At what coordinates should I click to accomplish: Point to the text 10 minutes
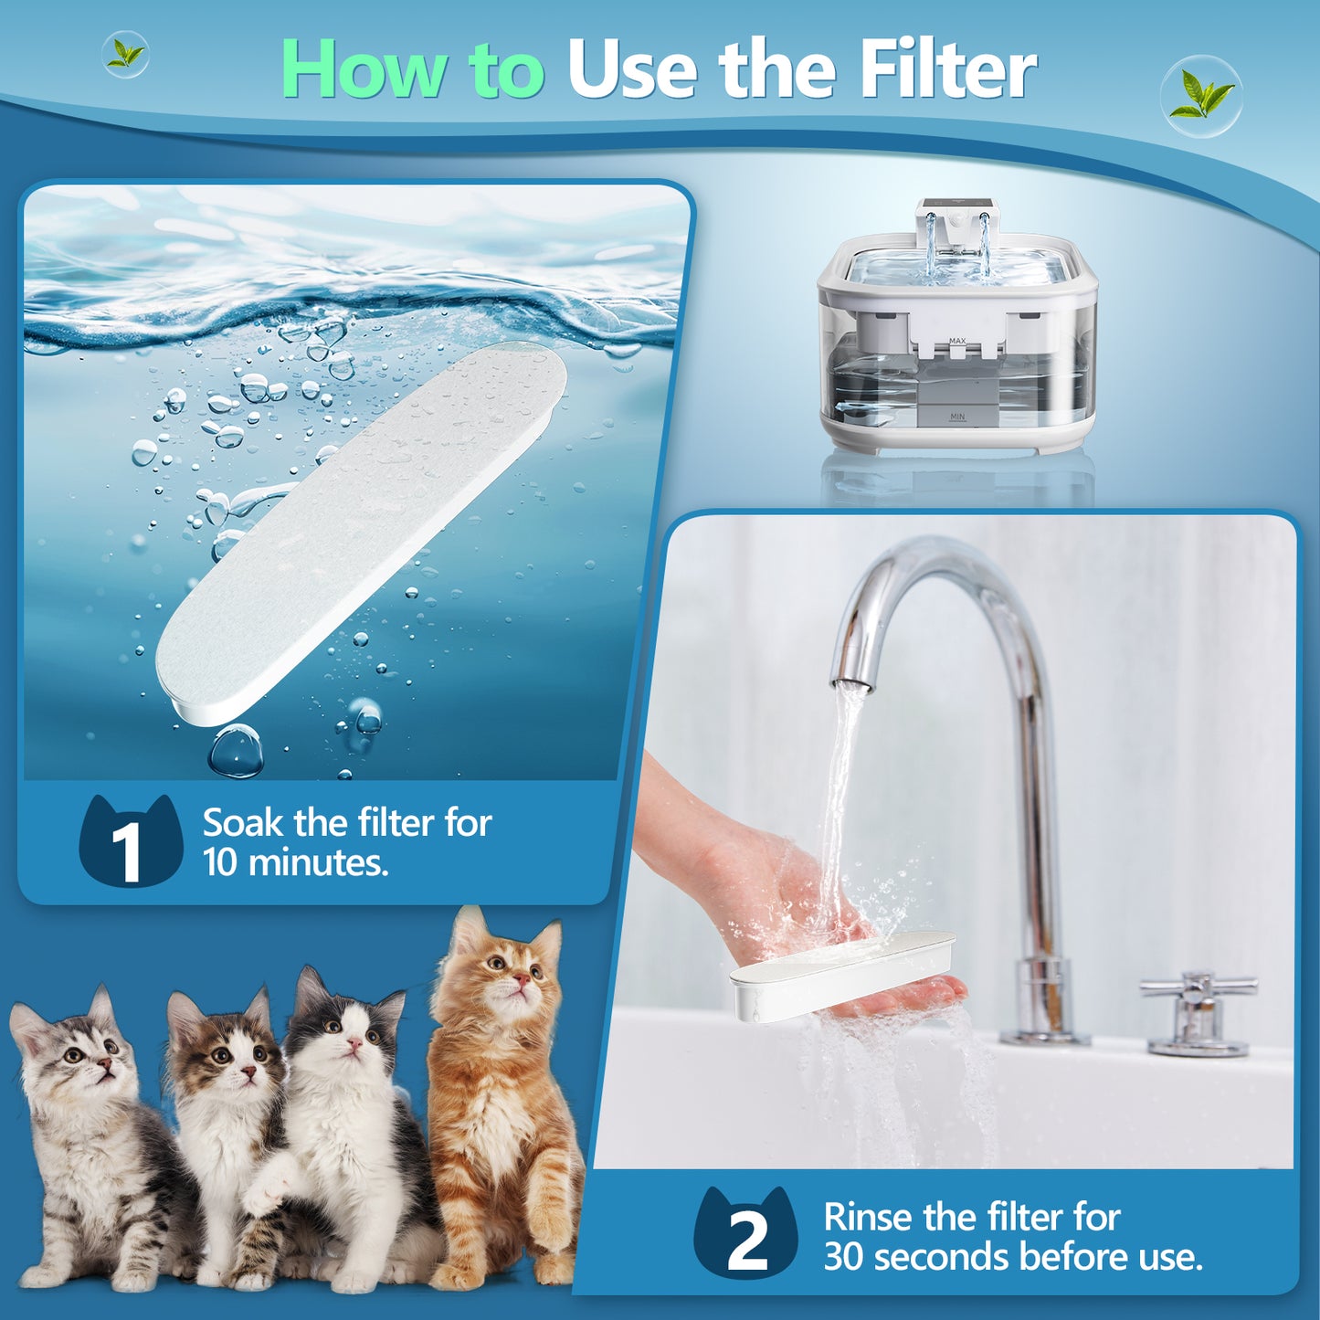pyautogui.click(x=296, y=863)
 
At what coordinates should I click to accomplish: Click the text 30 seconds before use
pyautogui.click(x=1012, y=1257)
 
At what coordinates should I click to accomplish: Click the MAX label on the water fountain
pyautogui.click(x=956, y=341)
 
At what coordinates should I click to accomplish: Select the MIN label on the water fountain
pyautogui.click(x=956, y=417)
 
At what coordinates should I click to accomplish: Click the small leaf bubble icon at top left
pyautogui.click(x=126, y=54)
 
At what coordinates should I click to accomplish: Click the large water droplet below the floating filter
pyautogui.click(x=236, y=751)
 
